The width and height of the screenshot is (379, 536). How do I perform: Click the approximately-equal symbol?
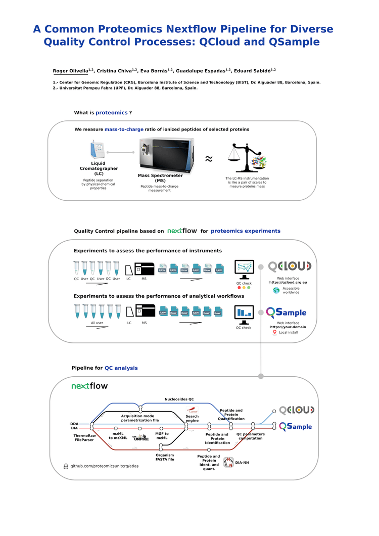click(209, 159)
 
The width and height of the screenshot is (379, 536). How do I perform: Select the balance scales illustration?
click(247, 158)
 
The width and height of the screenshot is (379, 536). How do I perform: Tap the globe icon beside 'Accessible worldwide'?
click(276, 290)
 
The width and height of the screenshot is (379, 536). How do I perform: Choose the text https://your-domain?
click(288, 327)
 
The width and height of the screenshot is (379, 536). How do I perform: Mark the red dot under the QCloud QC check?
click(239, 288)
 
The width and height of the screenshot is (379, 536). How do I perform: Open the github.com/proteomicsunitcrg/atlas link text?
click(104, 466)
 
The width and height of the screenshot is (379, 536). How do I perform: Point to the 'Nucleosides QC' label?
click(179, 399)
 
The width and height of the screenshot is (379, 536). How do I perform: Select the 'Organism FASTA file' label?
click(165, 457)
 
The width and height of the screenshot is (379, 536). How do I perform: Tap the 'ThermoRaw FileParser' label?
click(84, 437)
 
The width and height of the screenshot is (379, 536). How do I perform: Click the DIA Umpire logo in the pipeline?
click(140, 438)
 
